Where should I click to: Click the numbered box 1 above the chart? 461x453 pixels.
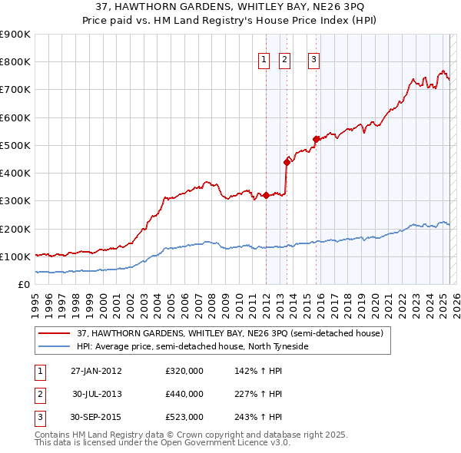click(264, 60)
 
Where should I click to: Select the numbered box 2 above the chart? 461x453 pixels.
click(284, 60)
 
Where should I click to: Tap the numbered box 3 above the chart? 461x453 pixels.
click(314, 60)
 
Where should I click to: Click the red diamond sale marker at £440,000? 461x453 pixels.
click(287, 162)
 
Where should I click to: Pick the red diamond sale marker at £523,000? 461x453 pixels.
click(316, 139)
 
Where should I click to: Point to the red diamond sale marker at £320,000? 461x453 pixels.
click(266, 195)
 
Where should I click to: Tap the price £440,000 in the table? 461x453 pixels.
click(184, 394)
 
